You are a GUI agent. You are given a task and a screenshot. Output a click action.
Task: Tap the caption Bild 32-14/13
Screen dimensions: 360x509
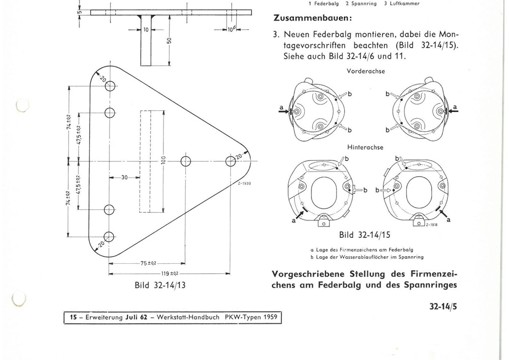[x=159, y=285]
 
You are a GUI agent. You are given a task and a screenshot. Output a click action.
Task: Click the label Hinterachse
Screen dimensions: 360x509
[x=365, y=147]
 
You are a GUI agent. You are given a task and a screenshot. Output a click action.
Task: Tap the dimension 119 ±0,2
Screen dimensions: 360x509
[x=168, y=273]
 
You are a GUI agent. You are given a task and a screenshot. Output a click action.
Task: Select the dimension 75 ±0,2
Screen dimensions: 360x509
[x=147, y=263]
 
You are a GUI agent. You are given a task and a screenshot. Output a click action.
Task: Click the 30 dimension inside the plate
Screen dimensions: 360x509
[x=124, y=177]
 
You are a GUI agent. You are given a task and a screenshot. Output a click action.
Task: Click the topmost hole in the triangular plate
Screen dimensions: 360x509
[x=109, y=86]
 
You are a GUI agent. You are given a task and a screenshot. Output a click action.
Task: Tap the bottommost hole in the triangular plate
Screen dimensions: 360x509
[x=109, y=236]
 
